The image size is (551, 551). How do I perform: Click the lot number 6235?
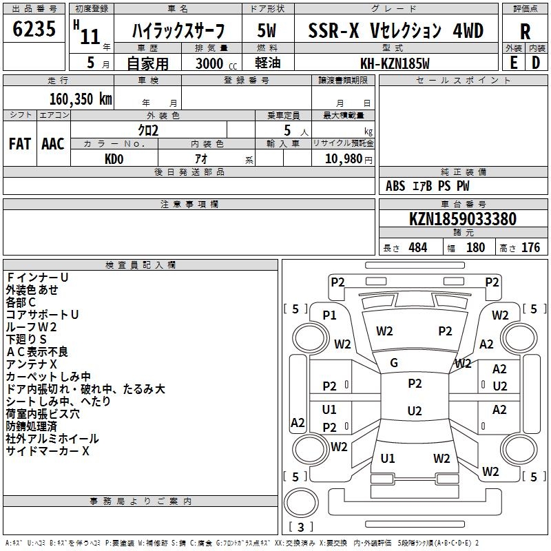pyautogui.click(x=34, y=30)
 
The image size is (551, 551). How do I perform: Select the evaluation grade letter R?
pyautogui.click(x=525, y=32)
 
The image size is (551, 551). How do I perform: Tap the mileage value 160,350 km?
pyautogui.click(x=81, y=98)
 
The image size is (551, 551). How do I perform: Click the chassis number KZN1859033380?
pyautogui.click(x=463, y=219)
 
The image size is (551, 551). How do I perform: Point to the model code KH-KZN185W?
pyautogui.click(x=395, y=63)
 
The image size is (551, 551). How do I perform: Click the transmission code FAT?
pyautogui.click(x=19, y=144)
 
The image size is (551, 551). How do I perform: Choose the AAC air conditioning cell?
pyautogui.click(x=53, y=144)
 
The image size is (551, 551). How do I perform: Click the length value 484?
pyautogui.click(x=417, y=248)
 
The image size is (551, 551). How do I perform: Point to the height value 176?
pyautogui.click(x=530, y=248)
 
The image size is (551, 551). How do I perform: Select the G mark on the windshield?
pyautogui.click(x=394, y=363)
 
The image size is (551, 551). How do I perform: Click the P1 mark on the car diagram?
pyautogui.click(x=329, y=315)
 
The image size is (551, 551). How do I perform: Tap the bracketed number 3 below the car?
pyautogui.click(x=301, y=527)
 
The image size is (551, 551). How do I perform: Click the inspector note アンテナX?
pyautogui.click(x=32, y=364)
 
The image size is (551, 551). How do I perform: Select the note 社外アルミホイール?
pyautogui.click(x=52, y=439)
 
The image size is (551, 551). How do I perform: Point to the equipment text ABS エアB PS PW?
pyautogui.click(x=428, y=186)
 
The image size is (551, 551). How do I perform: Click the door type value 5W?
pyautogui.click(x=268, y=31)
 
